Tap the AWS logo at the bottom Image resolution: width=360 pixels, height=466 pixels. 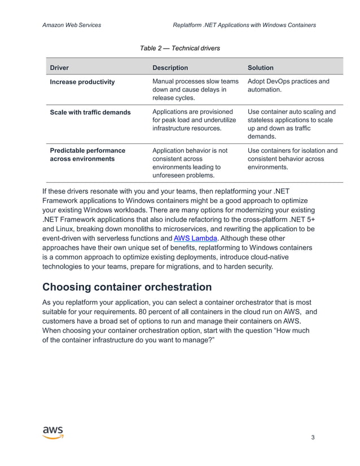[x=53, y=432]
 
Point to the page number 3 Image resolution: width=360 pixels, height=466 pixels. [x=313, y=438]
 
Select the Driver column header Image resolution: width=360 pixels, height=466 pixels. [x=59, y=68]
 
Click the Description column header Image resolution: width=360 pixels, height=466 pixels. [x=170, y=68]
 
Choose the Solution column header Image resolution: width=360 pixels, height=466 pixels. [x=261, y=68]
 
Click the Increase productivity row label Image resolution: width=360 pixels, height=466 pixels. [x=82, y=82]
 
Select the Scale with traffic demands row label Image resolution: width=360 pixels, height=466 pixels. [x=90, y=112]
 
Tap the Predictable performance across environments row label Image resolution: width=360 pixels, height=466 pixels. [x=87, y=155]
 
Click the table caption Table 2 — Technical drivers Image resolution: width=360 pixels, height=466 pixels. [x=179, y=49]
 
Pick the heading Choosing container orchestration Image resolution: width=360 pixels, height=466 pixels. [x=127, y=287]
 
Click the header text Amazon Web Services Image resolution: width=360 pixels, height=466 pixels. [x=72, y=25]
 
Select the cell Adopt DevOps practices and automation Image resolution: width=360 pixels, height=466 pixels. [x=288, y=85]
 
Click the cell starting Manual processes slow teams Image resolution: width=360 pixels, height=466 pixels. [x=195, y=90]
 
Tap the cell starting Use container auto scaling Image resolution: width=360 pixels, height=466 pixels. [x=292, y=124]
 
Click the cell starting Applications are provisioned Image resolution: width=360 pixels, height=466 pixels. [x=194, y=120]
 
